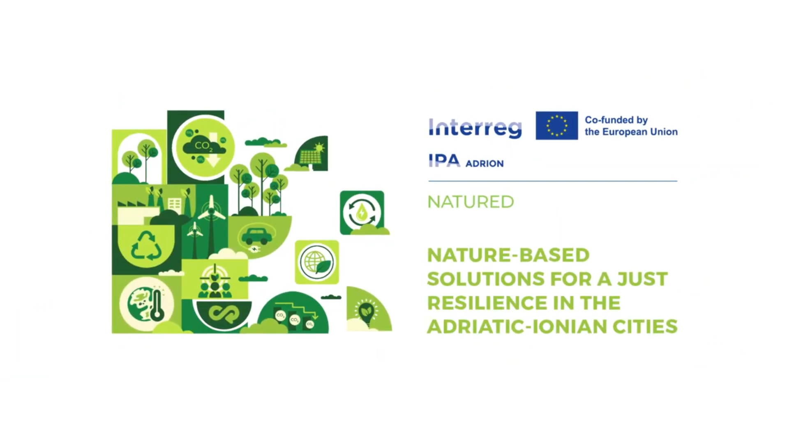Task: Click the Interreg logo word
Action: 475,128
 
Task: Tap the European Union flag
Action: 557,125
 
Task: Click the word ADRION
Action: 484,164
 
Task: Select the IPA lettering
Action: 444,161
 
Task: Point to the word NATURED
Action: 471,202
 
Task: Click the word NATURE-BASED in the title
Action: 509,255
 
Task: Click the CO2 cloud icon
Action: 204,146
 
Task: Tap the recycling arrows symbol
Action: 146,246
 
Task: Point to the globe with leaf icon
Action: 317,262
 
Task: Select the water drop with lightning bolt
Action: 362,213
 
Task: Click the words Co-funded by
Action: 616,120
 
